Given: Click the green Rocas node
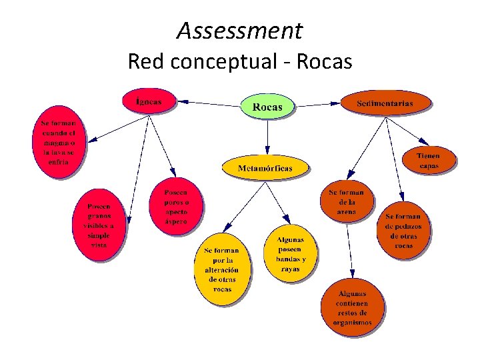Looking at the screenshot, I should pyautogui.click(x=267, y=106).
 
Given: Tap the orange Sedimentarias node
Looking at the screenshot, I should pyautogui.click(x=385, y=103).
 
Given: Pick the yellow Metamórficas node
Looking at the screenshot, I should pyautogui.click(x=265, y=168).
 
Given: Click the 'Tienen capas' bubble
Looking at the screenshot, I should pyautogui.click(x=429, y=161).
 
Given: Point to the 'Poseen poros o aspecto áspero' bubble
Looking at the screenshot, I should pyautogui.click(x=176, y=207).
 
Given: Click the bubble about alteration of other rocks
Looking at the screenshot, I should pyautogui.click(x=222, y=269).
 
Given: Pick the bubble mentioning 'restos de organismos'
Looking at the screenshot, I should pyautogui.click(x=352, y=308).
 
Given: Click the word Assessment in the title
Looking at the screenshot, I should pyautogui.click(x=240, y=30).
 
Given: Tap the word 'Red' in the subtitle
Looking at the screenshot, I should pyautogui.click(x=145, y=61).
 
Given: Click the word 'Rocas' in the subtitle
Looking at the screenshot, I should pyautogui.click(x=324, y=61).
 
